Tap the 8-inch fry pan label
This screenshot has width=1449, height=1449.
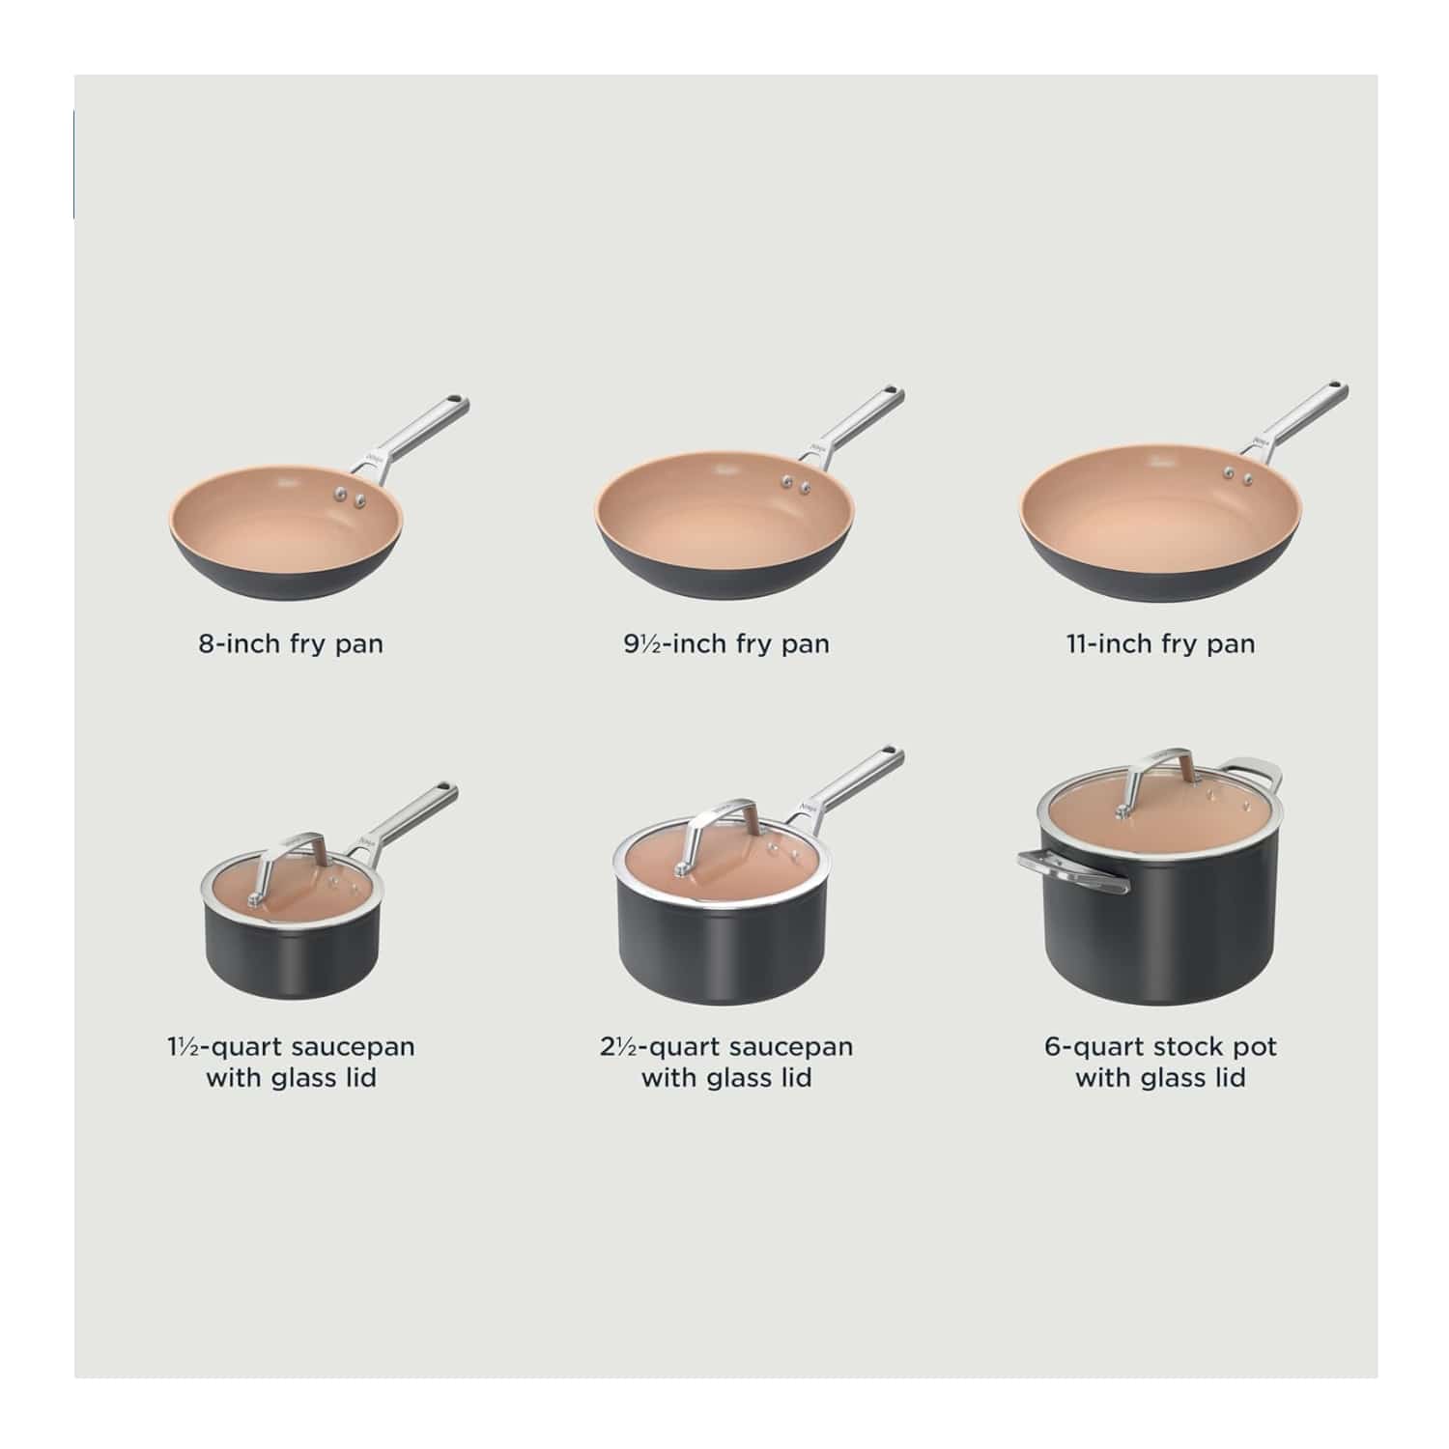pyautogui.click(x=291, y=643)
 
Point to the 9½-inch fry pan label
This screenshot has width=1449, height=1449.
pyautogui.click(x=726, y=643)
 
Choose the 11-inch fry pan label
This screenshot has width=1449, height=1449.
pyautogui.click(x=1160, y=643)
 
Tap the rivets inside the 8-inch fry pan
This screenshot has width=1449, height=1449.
pyautogui.click(x=350, y=497)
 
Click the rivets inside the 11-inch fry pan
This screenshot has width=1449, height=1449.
pyautogui.click(x=1238, y=474)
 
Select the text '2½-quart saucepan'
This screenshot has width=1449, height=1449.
pyautogui.click(x=725, y=1046)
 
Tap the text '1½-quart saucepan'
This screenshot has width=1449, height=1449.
pyautogui.click(x=291, y=1046)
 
